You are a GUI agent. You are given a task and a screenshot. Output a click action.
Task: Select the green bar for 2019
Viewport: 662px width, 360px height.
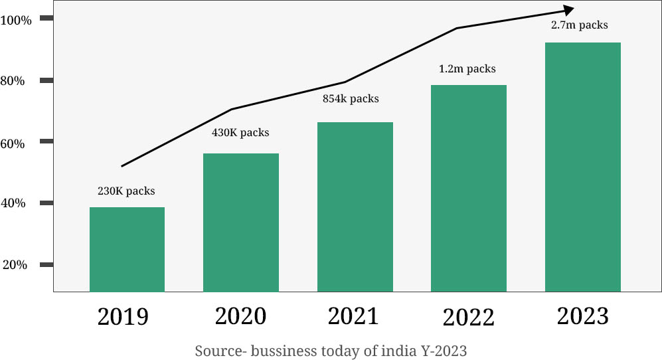(x=127, y=249)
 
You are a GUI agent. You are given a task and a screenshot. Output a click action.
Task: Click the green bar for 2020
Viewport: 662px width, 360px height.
(x=241, y=223)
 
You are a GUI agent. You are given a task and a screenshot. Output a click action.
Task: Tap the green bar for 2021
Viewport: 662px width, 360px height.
(x=355, y=207)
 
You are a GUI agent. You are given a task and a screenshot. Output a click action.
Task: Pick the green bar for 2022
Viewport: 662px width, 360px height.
(x=469, y=188)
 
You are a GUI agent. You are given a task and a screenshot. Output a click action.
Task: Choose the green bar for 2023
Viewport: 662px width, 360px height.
(x=582, y=167)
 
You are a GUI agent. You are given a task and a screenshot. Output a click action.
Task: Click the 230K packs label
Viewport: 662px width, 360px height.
(x=126, y=191)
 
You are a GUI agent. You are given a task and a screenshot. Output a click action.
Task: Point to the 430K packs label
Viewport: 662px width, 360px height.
(x=240, y=133)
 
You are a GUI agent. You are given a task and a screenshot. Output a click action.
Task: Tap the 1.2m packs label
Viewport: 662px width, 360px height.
(x=467, y=68)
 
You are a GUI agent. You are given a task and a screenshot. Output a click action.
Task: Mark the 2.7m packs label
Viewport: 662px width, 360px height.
(x=579, y=25)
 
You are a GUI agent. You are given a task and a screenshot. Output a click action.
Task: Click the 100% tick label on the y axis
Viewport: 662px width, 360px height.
(x=16, y=20)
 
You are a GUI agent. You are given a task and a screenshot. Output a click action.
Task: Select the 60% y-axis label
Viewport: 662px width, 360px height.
(x=13, y=143)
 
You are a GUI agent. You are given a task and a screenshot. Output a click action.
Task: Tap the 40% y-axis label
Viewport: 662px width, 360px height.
(x=13, y=203)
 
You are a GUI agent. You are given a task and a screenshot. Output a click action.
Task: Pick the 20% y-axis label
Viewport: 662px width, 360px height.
(x=15, y=265)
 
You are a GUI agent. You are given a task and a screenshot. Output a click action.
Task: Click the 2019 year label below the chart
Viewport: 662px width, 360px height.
(x=123, y=317)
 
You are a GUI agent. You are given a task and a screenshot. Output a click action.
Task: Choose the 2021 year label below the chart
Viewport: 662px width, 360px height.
(x=353, y=315)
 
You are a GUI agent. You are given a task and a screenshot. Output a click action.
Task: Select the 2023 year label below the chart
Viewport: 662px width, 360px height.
(x=582, y=315)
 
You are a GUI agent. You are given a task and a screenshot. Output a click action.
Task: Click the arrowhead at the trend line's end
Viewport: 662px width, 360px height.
(x=568, y=9)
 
